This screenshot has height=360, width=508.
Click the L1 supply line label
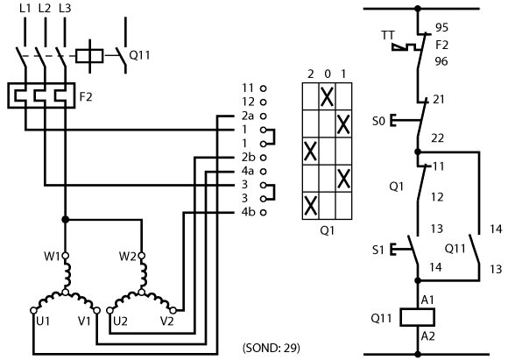25,9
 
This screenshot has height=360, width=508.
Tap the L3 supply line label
65,9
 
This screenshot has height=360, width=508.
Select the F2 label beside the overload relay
86,96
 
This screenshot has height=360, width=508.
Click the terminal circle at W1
66,256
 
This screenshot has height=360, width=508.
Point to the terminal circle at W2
142,256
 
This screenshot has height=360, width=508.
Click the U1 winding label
43,321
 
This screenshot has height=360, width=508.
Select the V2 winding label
167,321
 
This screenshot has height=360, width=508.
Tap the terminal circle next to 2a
264,116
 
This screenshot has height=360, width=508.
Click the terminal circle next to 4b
264,213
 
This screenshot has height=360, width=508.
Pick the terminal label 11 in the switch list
248,88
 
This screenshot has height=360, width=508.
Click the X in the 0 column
327,96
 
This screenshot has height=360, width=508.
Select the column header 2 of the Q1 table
311,74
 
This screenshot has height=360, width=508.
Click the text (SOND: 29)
272,348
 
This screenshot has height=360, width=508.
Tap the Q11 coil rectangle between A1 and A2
417,317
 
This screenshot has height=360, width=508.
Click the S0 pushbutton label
378,121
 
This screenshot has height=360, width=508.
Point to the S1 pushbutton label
378,250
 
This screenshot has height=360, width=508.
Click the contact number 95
441,28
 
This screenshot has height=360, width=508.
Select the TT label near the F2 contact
388,35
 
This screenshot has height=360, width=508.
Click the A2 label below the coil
427,336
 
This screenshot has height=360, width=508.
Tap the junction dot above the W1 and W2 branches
66,220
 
